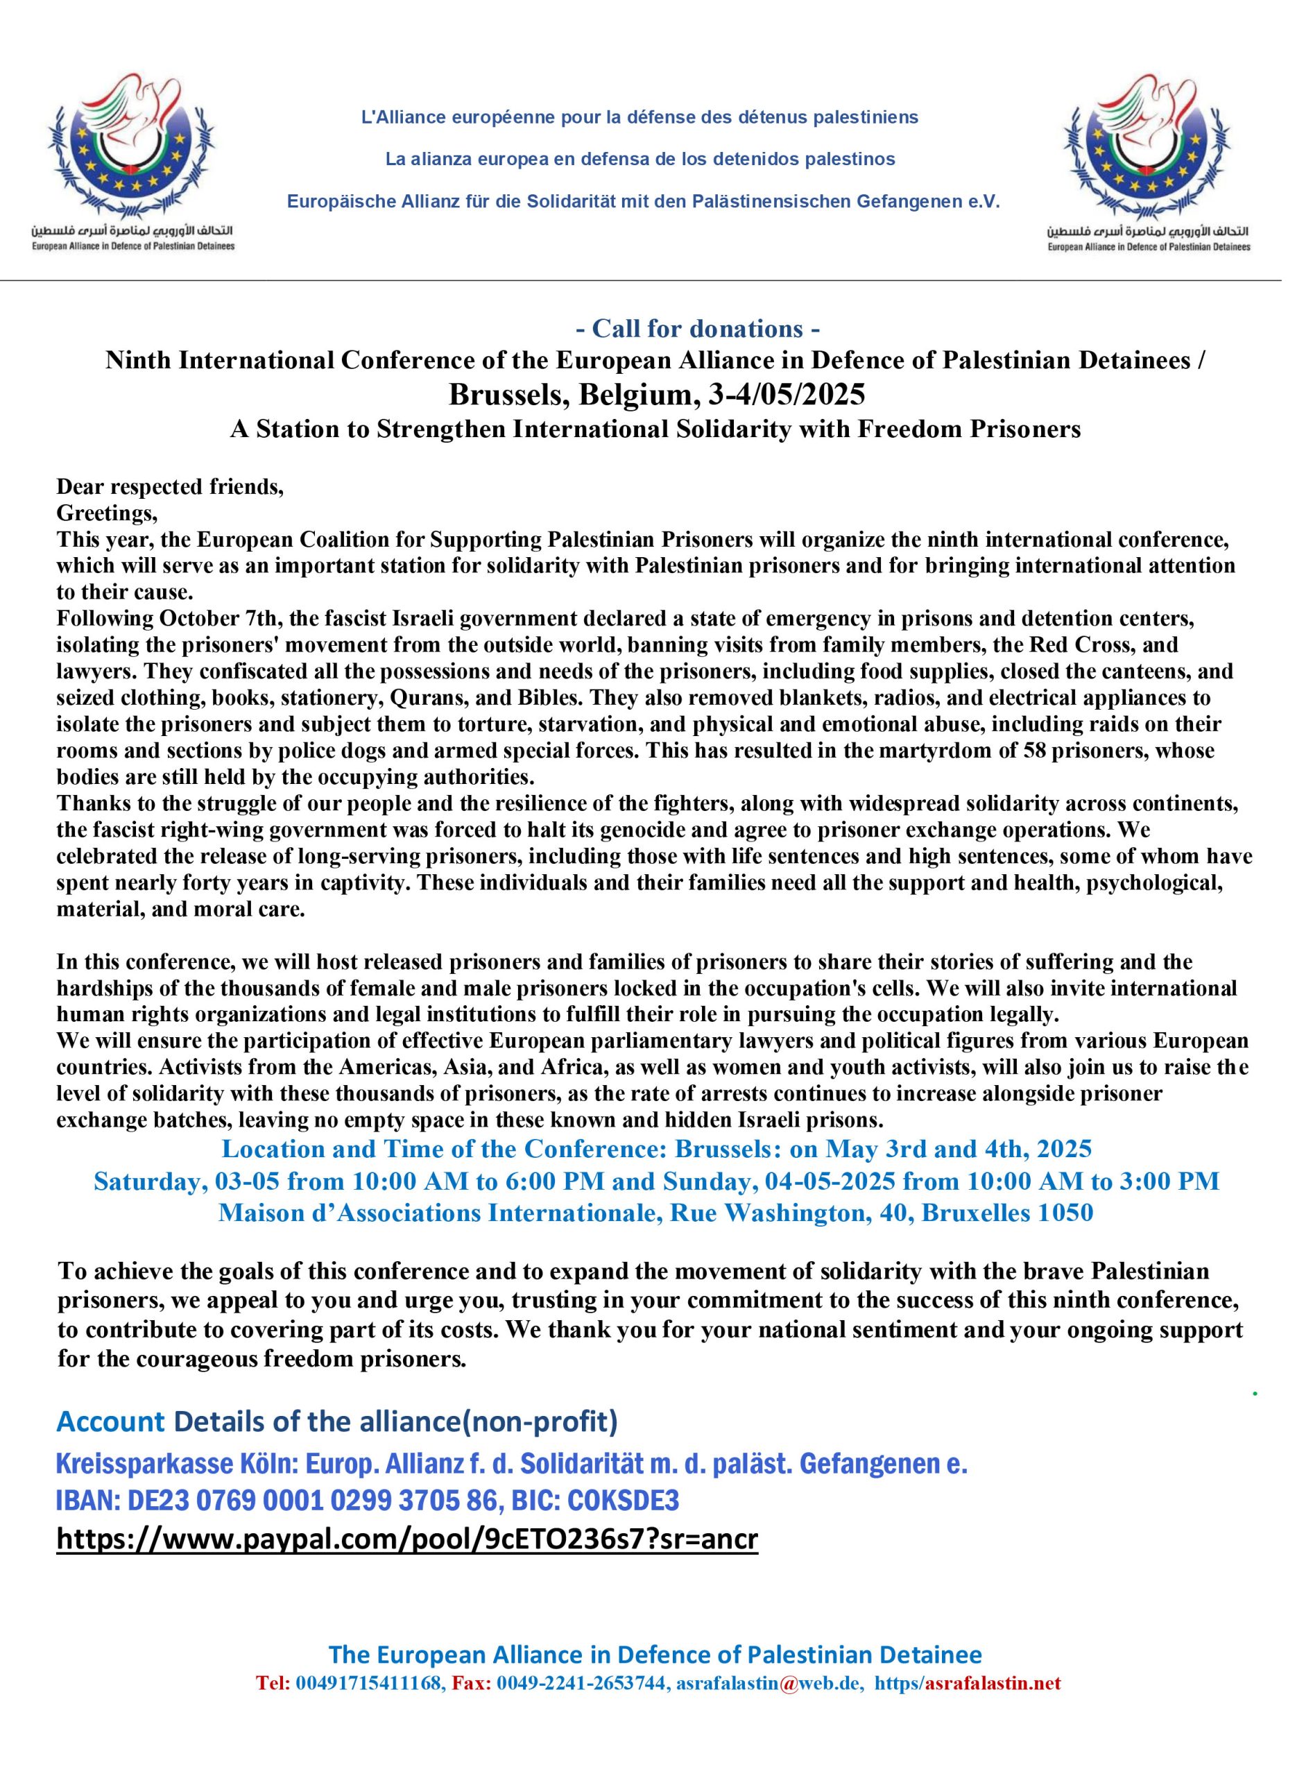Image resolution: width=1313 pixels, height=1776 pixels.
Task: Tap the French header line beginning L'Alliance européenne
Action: tap(640, 118)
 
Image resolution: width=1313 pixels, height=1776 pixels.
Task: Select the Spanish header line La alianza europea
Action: tap(640, 159)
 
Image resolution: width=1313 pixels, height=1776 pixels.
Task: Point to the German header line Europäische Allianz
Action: tap(643, 202)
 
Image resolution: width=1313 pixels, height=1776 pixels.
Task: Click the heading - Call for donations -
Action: tap(698, 328)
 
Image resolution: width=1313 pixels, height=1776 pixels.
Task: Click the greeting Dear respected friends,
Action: tap(170, 486)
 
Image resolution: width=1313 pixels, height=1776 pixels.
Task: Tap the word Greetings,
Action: tap(108, 513)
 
